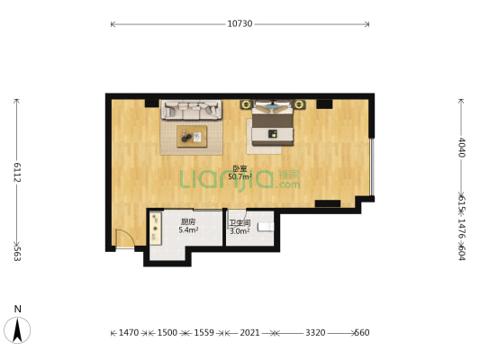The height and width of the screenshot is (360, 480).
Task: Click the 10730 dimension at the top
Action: (240, 24)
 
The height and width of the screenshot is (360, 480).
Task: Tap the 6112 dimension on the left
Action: (17, 172)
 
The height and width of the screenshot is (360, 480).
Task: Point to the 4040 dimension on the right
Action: (462, 148)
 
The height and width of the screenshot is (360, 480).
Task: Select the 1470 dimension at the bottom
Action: (129, 332)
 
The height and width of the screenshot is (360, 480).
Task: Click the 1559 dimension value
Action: (204, 332)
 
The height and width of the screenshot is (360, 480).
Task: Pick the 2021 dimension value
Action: (249, 332)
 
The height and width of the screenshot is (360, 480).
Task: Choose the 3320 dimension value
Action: (315, 332)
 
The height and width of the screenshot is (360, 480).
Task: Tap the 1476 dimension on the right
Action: (462, 228)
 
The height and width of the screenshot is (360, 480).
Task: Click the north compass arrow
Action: (17, 330)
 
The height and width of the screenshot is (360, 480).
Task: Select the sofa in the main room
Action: (192, 110)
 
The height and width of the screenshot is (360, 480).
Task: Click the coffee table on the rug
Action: (192, 137)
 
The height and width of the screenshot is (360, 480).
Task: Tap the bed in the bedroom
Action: (273, 124)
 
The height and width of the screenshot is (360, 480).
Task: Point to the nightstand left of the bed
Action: (246, 104)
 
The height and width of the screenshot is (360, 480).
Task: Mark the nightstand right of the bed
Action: (299, 104)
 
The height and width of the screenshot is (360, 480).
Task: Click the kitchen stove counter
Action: (156, 229)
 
